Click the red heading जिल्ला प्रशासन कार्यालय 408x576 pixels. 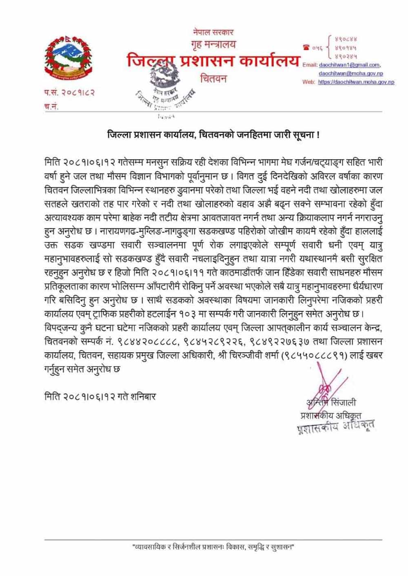pos(213,62)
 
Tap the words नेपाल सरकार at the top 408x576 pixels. pos(213,32)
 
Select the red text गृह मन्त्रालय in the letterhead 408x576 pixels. pos(213,44)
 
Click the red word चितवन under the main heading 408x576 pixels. pos(213,78)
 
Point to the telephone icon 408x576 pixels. pos(306,47)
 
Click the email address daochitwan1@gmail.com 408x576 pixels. pos(349,65)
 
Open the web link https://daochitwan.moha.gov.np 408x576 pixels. pos(356,82)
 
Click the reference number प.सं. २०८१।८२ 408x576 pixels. pos(69,93)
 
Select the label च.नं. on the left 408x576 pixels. pos(51,106)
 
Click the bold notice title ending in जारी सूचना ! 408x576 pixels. pos(213,134)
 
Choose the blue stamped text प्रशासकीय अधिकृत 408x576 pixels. pos(335,427)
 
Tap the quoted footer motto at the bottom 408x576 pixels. pos(213,547)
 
